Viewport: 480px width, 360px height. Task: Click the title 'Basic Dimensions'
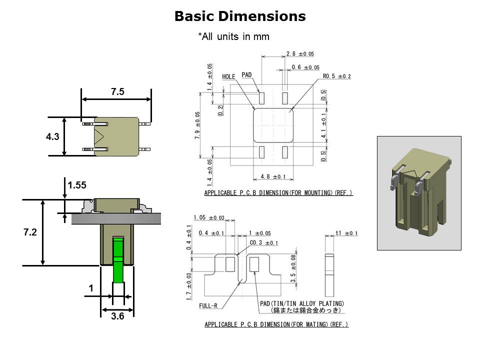[x=240, y=16]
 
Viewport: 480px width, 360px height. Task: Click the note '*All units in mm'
[x=234, y=36]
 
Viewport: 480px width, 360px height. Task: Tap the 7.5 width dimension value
[x=117, y=91]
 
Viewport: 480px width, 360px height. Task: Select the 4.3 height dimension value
[x=52, y=136]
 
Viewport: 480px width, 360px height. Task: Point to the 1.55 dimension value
[x=77, y=185]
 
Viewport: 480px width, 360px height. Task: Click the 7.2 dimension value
[x=30, y=232]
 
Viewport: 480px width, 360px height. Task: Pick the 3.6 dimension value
[x=117, y=316]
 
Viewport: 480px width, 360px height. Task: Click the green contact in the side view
[x=118, y=259]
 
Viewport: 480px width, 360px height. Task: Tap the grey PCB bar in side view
[x=116, y=219]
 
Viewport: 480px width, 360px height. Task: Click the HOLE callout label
[x=228, y=77]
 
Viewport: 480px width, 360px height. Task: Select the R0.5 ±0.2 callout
[x=336, y=76]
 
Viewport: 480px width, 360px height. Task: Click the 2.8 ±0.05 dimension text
[x=300, y=54]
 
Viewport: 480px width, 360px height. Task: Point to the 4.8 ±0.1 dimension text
[x=273, y=176]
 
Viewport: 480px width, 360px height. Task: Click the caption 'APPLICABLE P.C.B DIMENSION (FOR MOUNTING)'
[x=278, y=193]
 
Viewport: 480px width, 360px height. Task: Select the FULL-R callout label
[x=208, y=306]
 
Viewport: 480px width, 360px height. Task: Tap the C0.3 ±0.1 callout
[x=264, y=243]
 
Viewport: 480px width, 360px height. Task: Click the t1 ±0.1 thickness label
[x=346, y=233]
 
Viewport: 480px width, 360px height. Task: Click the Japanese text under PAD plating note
[x=306, y=310]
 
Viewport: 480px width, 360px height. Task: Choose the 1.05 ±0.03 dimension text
[x=209, y=217]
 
